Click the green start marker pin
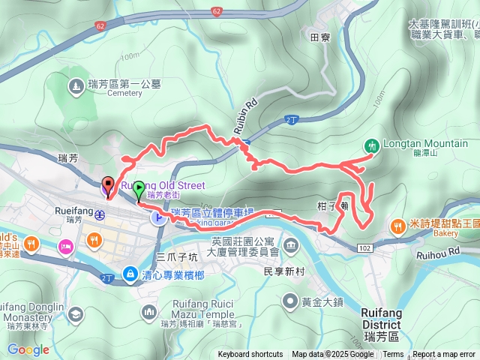[x=138, y=192]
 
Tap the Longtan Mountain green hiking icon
[x=370, y=145]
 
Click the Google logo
[x=28, y=349]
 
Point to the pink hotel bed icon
[x=66, y=247]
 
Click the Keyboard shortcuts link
[x=250, y=355]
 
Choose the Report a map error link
[x=445, y=355]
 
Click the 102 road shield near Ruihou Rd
[x=365, y=247]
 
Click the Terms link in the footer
[x=393, y=355]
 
